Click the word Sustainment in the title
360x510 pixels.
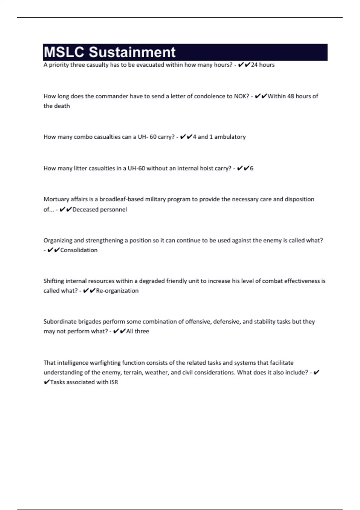click(x=132, y=52)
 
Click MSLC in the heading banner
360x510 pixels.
click(x=64, y=52)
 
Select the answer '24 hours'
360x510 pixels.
click(x=263, y=65)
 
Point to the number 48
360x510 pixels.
click(x=291, y=96)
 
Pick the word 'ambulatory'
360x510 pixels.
click(x=230, y=137)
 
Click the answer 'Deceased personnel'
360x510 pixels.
click(x=100, y=209)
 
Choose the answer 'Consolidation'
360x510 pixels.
click(x=79, y=250)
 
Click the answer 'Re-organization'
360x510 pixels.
click(x=117, y=291)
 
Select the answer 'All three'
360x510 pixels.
click(x=138, y=331)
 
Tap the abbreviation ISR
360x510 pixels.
click(x=114, y=382)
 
